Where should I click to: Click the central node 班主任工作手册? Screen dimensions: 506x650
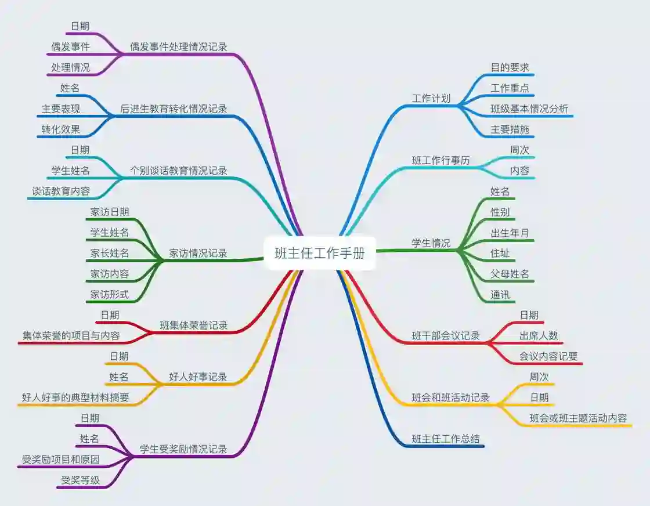click(320, 253)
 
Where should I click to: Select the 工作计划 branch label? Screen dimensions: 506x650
click(431, 99)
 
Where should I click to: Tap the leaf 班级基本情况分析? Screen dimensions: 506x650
click(529, 109)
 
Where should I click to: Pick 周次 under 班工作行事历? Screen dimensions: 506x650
click(519, 150)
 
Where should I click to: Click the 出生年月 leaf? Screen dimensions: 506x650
click(510, 233)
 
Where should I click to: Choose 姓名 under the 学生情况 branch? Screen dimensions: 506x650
click(500, 191)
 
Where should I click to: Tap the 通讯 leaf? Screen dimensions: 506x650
click(500, 295)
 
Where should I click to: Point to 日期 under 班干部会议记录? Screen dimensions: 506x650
click(529, 315)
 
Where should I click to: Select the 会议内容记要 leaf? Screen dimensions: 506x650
click(548, 356)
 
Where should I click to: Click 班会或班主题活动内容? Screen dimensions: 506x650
click(578, 418)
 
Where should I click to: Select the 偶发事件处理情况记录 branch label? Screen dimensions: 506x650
click(178, 47)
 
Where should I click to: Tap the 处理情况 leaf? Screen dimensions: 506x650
click(70, 68)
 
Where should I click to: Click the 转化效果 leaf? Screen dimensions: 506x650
click(60, 129)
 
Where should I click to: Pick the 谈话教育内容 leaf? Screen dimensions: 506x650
click(61, 191)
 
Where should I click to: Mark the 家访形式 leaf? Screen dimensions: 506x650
click(110, 295)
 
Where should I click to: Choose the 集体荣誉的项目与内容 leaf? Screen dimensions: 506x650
click(71, 335)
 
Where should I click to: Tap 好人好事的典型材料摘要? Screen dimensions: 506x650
click(75, 397)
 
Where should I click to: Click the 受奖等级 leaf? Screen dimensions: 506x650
click(80, 480)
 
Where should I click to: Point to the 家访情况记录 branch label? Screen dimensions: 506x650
click(198, 253)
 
